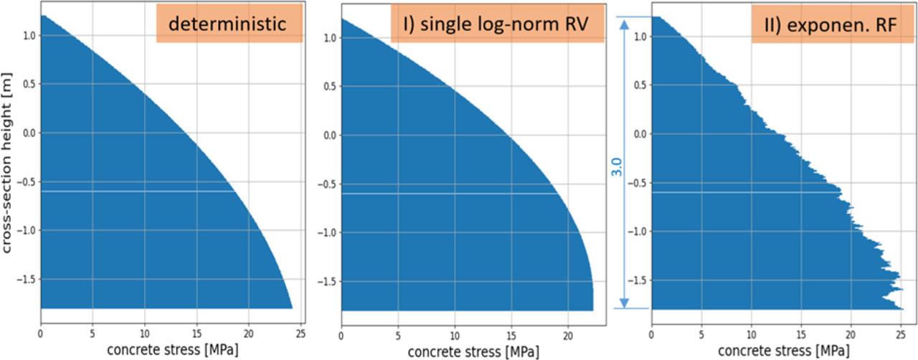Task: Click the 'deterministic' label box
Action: click(227, 24)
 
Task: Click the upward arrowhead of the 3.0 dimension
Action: click(623, 23)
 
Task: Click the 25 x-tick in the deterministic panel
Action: click(301, 333)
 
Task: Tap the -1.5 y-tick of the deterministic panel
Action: click(27, 279)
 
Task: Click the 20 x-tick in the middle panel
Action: click(567, 333)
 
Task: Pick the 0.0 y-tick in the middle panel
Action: click(328, 135)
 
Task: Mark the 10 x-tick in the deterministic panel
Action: click(144, 333)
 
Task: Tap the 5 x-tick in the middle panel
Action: click(397, 333)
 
